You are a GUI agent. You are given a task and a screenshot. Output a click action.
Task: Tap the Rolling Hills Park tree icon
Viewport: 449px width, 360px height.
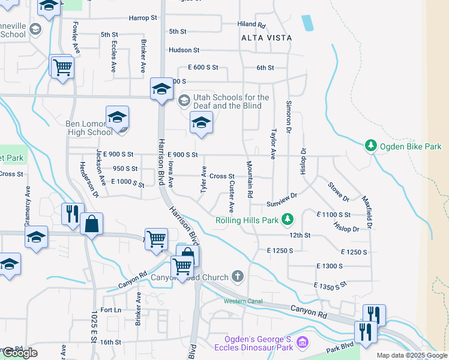[288, 220]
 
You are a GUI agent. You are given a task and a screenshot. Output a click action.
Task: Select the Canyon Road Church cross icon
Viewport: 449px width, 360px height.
[238, 277]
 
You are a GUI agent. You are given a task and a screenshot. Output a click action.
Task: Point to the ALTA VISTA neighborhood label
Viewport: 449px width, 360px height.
[266, 38]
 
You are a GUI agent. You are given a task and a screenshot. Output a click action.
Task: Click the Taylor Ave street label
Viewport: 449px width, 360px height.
[273, 144]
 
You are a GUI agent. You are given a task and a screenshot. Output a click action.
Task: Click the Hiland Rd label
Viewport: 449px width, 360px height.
[251, 25]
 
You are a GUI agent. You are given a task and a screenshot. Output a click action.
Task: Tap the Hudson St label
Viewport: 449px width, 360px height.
[184, 50]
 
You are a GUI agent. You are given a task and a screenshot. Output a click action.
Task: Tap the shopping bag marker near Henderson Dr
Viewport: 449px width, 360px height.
[91, 224]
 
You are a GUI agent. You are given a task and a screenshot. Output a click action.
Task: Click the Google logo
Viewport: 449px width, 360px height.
[19, 353]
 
